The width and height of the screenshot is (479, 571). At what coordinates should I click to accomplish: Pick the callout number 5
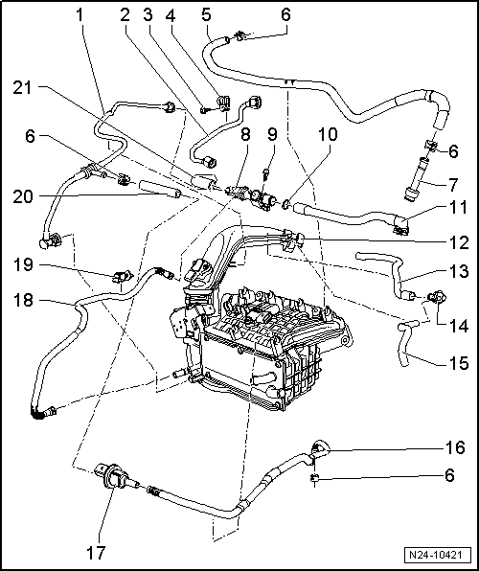[x=205, y=15]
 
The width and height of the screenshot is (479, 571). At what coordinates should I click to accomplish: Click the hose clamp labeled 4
[x=223, y=100]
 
